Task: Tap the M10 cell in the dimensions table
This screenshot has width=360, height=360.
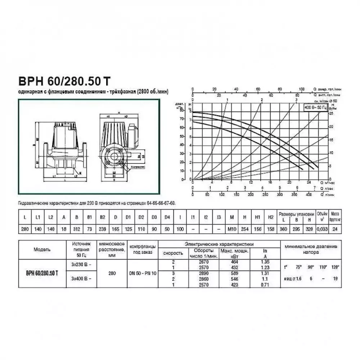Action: click(x=232, y=229)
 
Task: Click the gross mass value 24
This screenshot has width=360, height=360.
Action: click(x=335, y=229)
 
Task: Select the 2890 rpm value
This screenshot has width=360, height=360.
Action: click(x=203, y=274)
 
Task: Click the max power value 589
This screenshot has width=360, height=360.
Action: click(x=235, y=274)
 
